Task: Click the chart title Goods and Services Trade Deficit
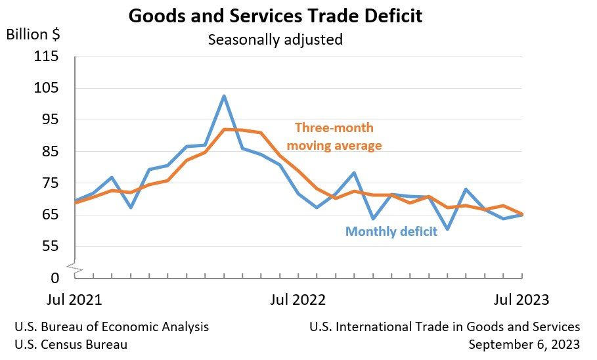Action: click(275, 16)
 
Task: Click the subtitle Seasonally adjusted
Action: click(275, 39)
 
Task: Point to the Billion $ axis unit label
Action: click(33, 34)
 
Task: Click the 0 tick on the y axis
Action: click(55, 278)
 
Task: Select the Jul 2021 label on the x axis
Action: click(75, 300)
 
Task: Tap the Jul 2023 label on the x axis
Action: click(522, 300)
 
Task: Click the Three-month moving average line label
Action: click(338, 137)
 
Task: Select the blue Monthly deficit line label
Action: click(391, 231)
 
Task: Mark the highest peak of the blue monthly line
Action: click(224, 96)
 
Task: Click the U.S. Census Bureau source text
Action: click(71, 344)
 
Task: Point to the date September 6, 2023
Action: click(524, 344)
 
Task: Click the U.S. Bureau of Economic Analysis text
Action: click(112, 326)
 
